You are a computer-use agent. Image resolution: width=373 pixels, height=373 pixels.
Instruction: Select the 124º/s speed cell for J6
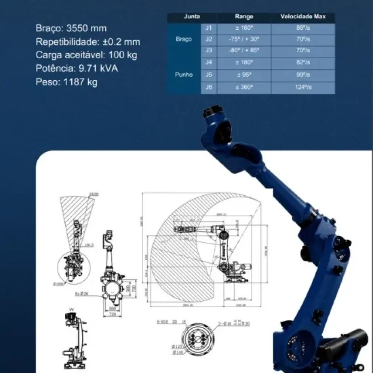(x=303, y=87)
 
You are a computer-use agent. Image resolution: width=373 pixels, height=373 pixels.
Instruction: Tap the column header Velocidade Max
(x=303, y=17)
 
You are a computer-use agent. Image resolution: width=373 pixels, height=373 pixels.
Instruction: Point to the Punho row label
(x=184, y=75)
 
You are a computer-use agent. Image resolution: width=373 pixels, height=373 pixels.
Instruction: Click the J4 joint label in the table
(x=208, y=62)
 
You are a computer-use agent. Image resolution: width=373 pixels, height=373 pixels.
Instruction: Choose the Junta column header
(x=192, y=17)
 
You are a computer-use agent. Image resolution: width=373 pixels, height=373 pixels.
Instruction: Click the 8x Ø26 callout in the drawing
(x=83, y=294)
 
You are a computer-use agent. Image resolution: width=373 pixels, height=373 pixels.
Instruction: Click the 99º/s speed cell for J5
(x=303, y=75)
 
